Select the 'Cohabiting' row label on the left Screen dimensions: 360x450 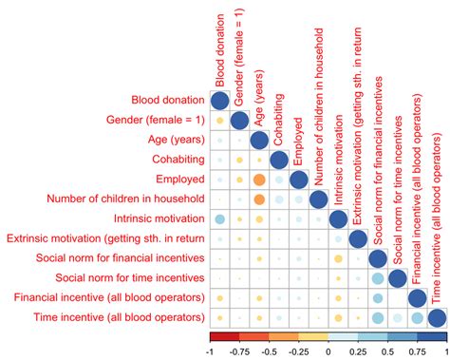click(172, 159)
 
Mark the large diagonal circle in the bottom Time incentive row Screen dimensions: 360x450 click(437, 317)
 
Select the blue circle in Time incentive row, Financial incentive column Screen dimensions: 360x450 click(417, 317)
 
